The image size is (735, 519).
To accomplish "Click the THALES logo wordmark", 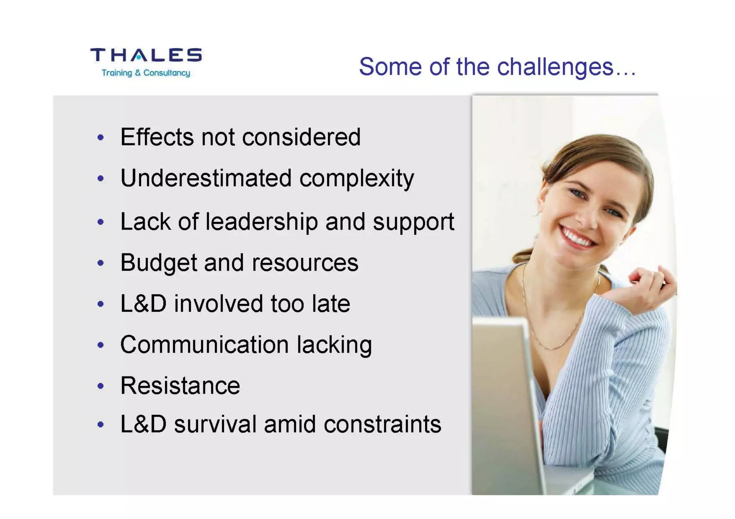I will pos(146,55).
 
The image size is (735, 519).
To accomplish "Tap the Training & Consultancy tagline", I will pos(146,73).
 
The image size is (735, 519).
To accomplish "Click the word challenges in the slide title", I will pos(555,67).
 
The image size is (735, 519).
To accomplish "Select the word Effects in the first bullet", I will pos(157,137).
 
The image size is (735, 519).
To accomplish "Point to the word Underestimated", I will pos(206,178).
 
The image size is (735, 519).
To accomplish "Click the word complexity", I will pos(356,179).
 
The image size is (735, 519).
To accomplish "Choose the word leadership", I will pos(262,222).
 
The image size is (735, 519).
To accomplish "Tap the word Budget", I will pos(158,263).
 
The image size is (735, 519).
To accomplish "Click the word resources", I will pos(305,263).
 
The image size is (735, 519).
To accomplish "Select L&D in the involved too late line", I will pos(143,304).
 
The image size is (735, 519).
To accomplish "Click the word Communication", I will pos(204,345).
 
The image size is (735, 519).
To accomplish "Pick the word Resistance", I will pos(180,386).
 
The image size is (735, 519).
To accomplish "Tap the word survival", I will pos(215,424).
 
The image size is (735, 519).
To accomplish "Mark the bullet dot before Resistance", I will pos(101,386).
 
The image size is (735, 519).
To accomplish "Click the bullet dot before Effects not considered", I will pos(101,137).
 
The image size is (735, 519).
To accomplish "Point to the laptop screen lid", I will pos(506,402).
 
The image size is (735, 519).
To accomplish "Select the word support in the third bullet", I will pos(413,222).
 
